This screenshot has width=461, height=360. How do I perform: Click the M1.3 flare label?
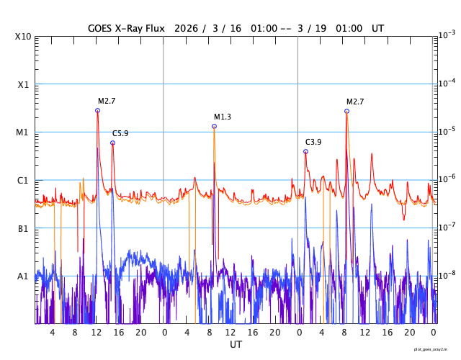(x=223, y=117)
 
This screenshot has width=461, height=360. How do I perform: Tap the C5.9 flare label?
(x=120, y=133)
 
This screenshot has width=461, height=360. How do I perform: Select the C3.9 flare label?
(x=313, y=142)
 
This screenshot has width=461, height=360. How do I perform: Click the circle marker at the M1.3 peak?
(x=214, y=126)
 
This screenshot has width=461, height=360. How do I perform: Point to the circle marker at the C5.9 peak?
(x=112, y=143)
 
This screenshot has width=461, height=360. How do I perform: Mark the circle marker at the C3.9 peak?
(x=305, y=151)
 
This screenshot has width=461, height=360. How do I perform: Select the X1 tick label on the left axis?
(x=22, y=84)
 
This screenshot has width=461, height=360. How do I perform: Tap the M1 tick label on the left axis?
(x=22, y=132)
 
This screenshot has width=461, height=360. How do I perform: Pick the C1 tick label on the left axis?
(x=22, y=180)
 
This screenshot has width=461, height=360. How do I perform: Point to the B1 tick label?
(x=22, y=228)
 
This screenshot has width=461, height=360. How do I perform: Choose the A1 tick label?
(x=22, y=276)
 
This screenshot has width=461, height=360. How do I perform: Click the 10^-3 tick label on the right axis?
(x=447, y=35)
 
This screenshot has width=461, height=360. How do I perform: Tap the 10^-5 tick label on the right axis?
(x=447, y=131)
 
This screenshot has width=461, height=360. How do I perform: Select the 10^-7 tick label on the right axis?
(x=447, y=228)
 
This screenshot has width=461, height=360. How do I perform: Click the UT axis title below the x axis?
(x=236, y=345)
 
